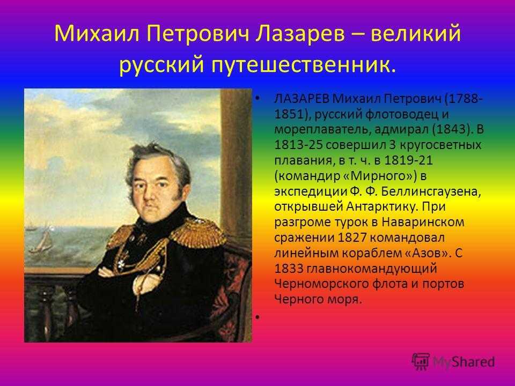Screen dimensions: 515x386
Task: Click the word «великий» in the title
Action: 416,33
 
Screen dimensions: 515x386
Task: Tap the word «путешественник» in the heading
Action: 301,65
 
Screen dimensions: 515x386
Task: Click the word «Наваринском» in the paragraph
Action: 423,222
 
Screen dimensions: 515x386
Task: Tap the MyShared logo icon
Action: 421,362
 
